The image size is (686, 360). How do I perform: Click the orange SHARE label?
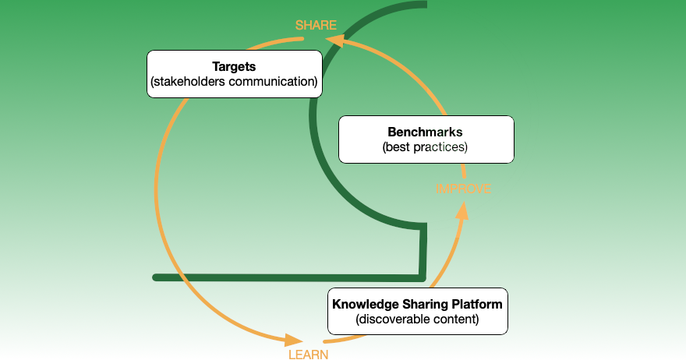point(316,26)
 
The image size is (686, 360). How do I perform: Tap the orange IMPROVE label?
point(463,189)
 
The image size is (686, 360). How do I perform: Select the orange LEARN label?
point(308,355)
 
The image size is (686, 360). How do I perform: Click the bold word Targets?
point(234,65)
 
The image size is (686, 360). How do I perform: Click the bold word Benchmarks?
point(426,131)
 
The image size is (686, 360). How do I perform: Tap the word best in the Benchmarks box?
point(398,146)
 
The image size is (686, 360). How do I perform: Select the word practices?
point(440,146)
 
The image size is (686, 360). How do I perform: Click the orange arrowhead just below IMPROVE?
point(462,211)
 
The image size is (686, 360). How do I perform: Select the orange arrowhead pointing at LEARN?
point(294,340)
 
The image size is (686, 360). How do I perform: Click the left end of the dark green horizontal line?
point(157,277)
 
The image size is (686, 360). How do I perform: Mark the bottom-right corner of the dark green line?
point(423,277)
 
